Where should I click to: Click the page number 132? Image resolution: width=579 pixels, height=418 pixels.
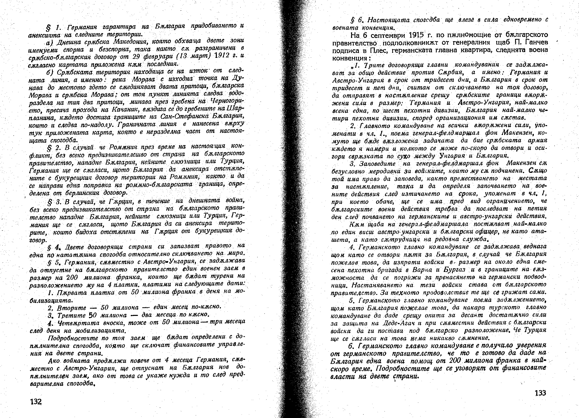coord(36,401)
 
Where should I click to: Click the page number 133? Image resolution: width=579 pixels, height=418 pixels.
coord(540,393)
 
